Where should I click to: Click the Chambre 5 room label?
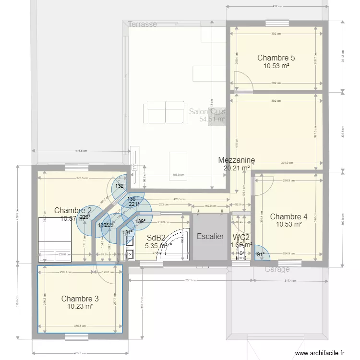pos(276,58)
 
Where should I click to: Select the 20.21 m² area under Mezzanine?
pos(236,168)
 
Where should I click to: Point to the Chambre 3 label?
pos(80,299)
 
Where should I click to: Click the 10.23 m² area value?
pos(80,307)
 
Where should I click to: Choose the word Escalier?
pos(210,237)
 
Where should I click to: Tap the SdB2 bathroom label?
pos(156,238)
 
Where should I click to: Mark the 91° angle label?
pos(261,254)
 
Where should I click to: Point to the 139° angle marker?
pos(140,222)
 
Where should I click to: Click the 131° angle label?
pos(128,233)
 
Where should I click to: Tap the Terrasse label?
pos(143,24)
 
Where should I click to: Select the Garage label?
pos(277,269)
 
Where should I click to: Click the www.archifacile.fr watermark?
pos(319,353)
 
